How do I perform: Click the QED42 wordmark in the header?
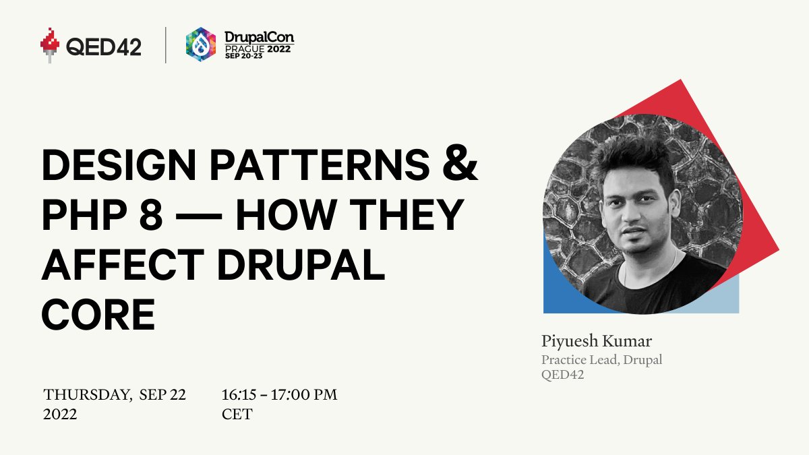coord(104,46)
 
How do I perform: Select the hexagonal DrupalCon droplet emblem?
coord(200,44)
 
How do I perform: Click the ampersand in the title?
coord(462,166)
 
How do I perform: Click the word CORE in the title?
coord(98,313)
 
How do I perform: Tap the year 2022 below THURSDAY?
coord(60,415)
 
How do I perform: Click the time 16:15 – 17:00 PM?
coord(279,394)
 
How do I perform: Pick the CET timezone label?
coord(237,415)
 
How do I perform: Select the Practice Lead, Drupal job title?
coord(601,359)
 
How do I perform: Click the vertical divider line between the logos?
coord(166,45)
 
